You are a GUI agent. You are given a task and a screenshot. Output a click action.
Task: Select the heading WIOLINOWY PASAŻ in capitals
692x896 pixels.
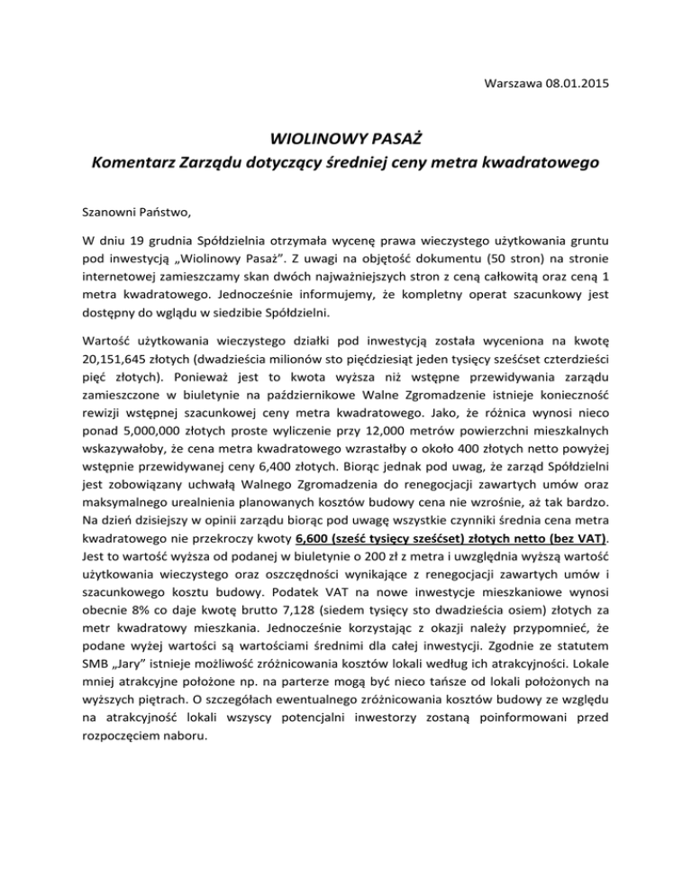click(x=346, y=139)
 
